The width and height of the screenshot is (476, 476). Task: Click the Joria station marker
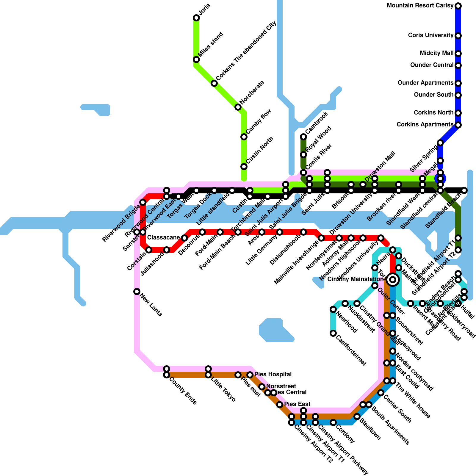coord(196,18)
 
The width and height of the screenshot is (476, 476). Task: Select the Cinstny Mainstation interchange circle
coord(393,279)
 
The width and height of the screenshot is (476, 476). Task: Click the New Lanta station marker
coord(137,292)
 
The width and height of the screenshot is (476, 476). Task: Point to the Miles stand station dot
coord(196,59)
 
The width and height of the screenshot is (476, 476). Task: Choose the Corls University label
coord(430,35)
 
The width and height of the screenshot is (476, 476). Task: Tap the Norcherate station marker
coord(238,107)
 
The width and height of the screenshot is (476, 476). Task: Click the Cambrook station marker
coord(303,137)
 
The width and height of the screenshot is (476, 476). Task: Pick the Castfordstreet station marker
coord(333,333)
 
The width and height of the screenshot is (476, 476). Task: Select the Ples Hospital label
coord(273,374)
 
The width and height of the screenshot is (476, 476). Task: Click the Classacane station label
coord(163,238)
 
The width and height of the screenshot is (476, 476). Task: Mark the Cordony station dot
coord(333,422)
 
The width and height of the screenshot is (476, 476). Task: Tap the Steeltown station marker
coord(357,416)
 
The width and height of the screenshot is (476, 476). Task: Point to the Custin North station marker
coord(244,167)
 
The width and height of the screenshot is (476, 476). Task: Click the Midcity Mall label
coord(436,53)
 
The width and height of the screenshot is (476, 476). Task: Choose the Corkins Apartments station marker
coord(458,125)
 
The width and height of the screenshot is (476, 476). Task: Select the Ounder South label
coord(433,95)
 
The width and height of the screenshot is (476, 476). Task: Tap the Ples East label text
coord(297,404)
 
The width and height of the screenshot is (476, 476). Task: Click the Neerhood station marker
coord(333,309)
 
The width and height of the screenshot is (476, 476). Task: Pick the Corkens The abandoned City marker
coord(214,83)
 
